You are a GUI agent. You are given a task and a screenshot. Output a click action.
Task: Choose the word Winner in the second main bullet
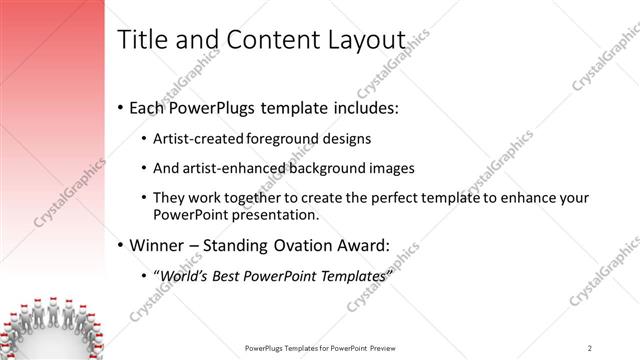tap(161, 243)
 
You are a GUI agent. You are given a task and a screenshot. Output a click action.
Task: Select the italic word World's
tap(183, 275)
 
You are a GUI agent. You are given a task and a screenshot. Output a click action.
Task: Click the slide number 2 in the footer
tap(590, 347)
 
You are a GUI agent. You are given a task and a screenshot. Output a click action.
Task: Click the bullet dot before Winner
tap(121, 244)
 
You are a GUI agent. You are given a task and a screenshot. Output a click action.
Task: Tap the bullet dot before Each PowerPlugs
tap(121, 106)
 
